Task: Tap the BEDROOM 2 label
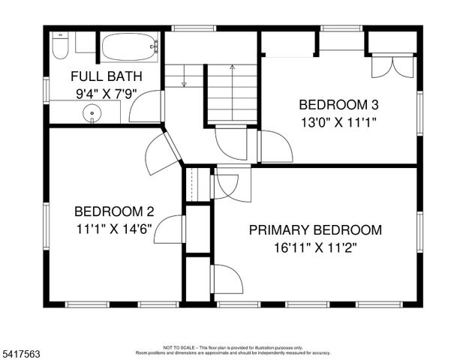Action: tap(114, 211)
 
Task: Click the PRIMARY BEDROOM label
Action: tap(315, 230)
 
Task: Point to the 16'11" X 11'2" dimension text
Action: tap(315, 247)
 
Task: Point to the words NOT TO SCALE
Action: tap(181, 347)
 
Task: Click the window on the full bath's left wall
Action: tap(46, 88)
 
